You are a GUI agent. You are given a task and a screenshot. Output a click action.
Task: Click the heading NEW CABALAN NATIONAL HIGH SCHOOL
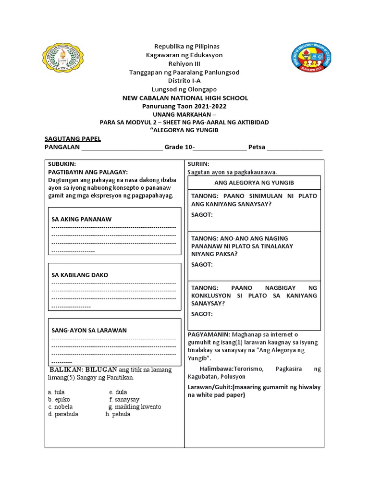pos(185,98)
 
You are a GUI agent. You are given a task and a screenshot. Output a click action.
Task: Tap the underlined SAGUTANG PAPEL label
pos(73,139)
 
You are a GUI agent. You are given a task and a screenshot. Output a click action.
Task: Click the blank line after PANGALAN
pos(122,148)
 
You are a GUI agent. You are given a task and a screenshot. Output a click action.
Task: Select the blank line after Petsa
pos(295,148)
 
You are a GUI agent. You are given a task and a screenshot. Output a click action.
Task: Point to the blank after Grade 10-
pos(220,148)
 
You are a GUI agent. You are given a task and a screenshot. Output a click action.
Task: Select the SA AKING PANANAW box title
pos(82,219)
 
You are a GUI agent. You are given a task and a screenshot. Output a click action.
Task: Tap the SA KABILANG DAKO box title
pos(80,275)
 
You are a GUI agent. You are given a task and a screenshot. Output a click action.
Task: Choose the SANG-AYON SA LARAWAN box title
pos(86,331)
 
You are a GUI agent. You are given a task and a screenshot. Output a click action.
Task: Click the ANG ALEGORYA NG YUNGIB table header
pos(254,183)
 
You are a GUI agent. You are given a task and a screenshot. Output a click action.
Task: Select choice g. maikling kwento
pos(135,406)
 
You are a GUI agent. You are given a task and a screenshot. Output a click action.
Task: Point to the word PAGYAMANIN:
pos(209,334)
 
